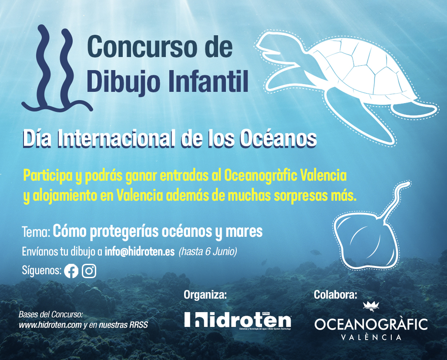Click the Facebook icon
(x=71, y=271)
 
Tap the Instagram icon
(x=89, y=271)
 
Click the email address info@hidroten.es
(x=140, y=252)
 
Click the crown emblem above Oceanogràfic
(x=371, y=306)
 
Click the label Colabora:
(x=335, y=295)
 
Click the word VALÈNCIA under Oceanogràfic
(x=371, y=337)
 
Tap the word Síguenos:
(x=41, y=271)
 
